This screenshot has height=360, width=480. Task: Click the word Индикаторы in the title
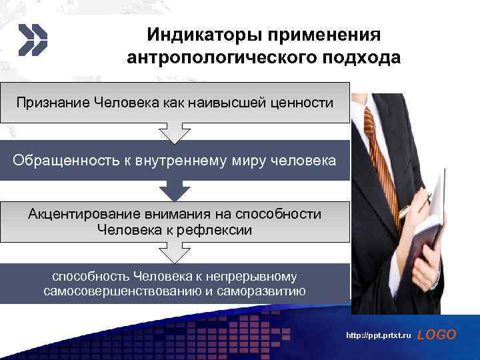coord(194,34)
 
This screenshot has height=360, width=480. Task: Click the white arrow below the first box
coord(175,133)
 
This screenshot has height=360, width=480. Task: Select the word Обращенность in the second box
coord(57,161)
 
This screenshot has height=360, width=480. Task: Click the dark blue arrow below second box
coord(175,191)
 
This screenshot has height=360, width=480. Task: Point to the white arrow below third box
coord(175,253)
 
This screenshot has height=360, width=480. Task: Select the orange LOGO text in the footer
coord(436,335)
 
